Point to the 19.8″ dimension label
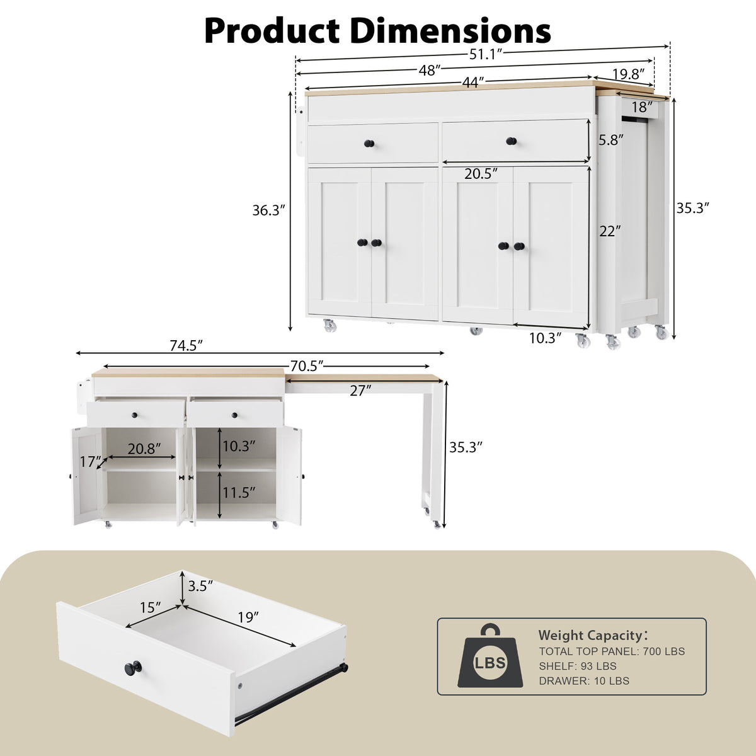(629, 74)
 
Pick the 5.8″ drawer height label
(610, 140)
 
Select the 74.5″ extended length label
(186, 345)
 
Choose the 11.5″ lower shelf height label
(238, 492)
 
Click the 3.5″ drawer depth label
(200, 585)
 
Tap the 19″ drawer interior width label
(248, 617)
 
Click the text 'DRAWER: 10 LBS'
(583, 680)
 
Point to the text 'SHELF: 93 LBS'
(577, 666)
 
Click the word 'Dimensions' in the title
(450, 30)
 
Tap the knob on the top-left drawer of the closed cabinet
(369, 144)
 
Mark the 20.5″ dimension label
(482, 173)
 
